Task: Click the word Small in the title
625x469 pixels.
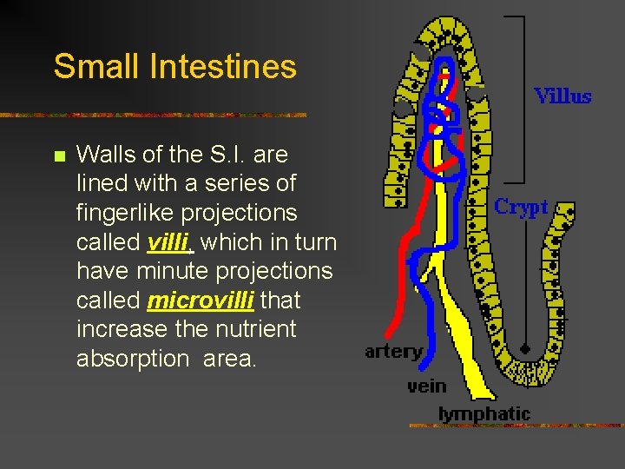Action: [89, 66]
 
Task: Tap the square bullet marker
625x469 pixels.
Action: [58, 156]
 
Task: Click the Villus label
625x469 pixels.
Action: [562, 96]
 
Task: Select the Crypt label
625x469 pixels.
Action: [521, 207]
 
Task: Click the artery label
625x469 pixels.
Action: [393, 352]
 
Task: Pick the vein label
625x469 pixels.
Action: [426, 385]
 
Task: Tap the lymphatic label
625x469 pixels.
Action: [484, 413]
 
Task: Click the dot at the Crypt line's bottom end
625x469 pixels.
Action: [524, 348]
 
